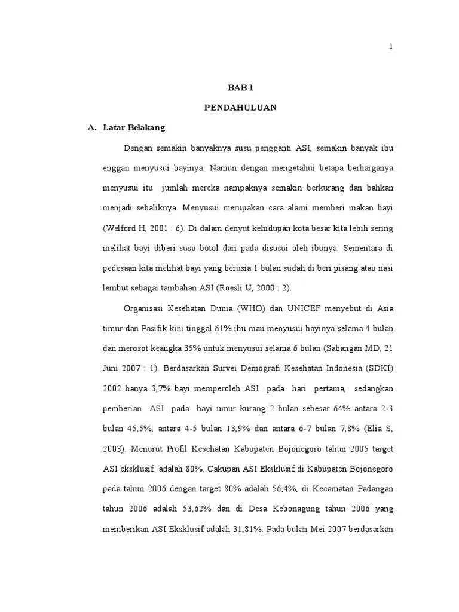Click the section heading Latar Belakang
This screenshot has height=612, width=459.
pos(134,128)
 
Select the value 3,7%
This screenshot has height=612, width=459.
pos(163,390)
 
